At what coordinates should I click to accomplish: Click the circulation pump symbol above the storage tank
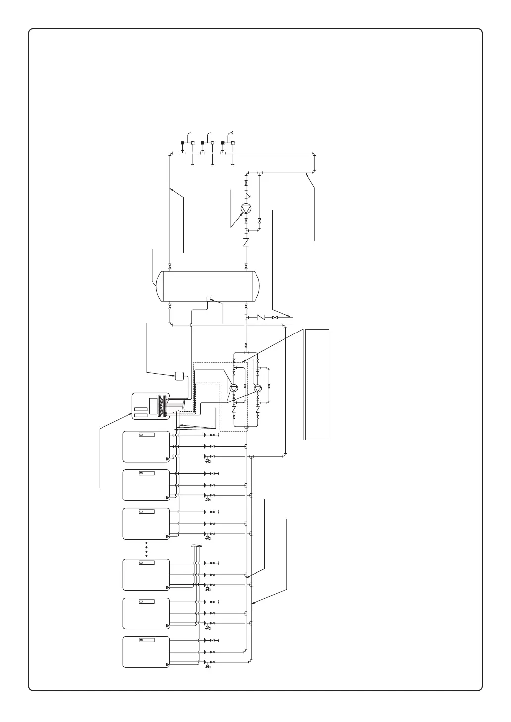click(x=246, y=209)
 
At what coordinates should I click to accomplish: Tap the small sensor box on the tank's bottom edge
click(x=209, y=298)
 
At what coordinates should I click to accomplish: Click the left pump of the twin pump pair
click(x=234, y=388)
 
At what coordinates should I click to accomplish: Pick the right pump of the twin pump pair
click(x=257, y=388)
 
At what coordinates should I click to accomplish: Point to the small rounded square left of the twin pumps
click(x=179, y=376)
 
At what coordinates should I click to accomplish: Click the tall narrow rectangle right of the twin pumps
click(x=317, y=384)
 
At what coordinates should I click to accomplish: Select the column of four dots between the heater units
click(x=147, y=549)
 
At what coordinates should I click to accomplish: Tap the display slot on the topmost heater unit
click(x=147, y=435)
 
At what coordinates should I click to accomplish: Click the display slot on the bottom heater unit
click(x=147, y=639)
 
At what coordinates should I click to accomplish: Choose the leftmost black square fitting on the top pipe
click(x=182, y=143)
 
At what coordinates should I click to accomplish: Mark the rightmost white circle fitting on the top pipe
click(x=233, y=143)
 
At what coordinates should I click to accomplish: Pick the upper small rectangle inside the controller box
click(x=141, y=409)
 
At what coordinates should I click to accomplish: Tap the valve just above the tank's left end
click(x=170, y=266)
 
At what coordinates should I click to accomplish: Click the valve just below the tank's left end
click(x=170, y=306)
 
